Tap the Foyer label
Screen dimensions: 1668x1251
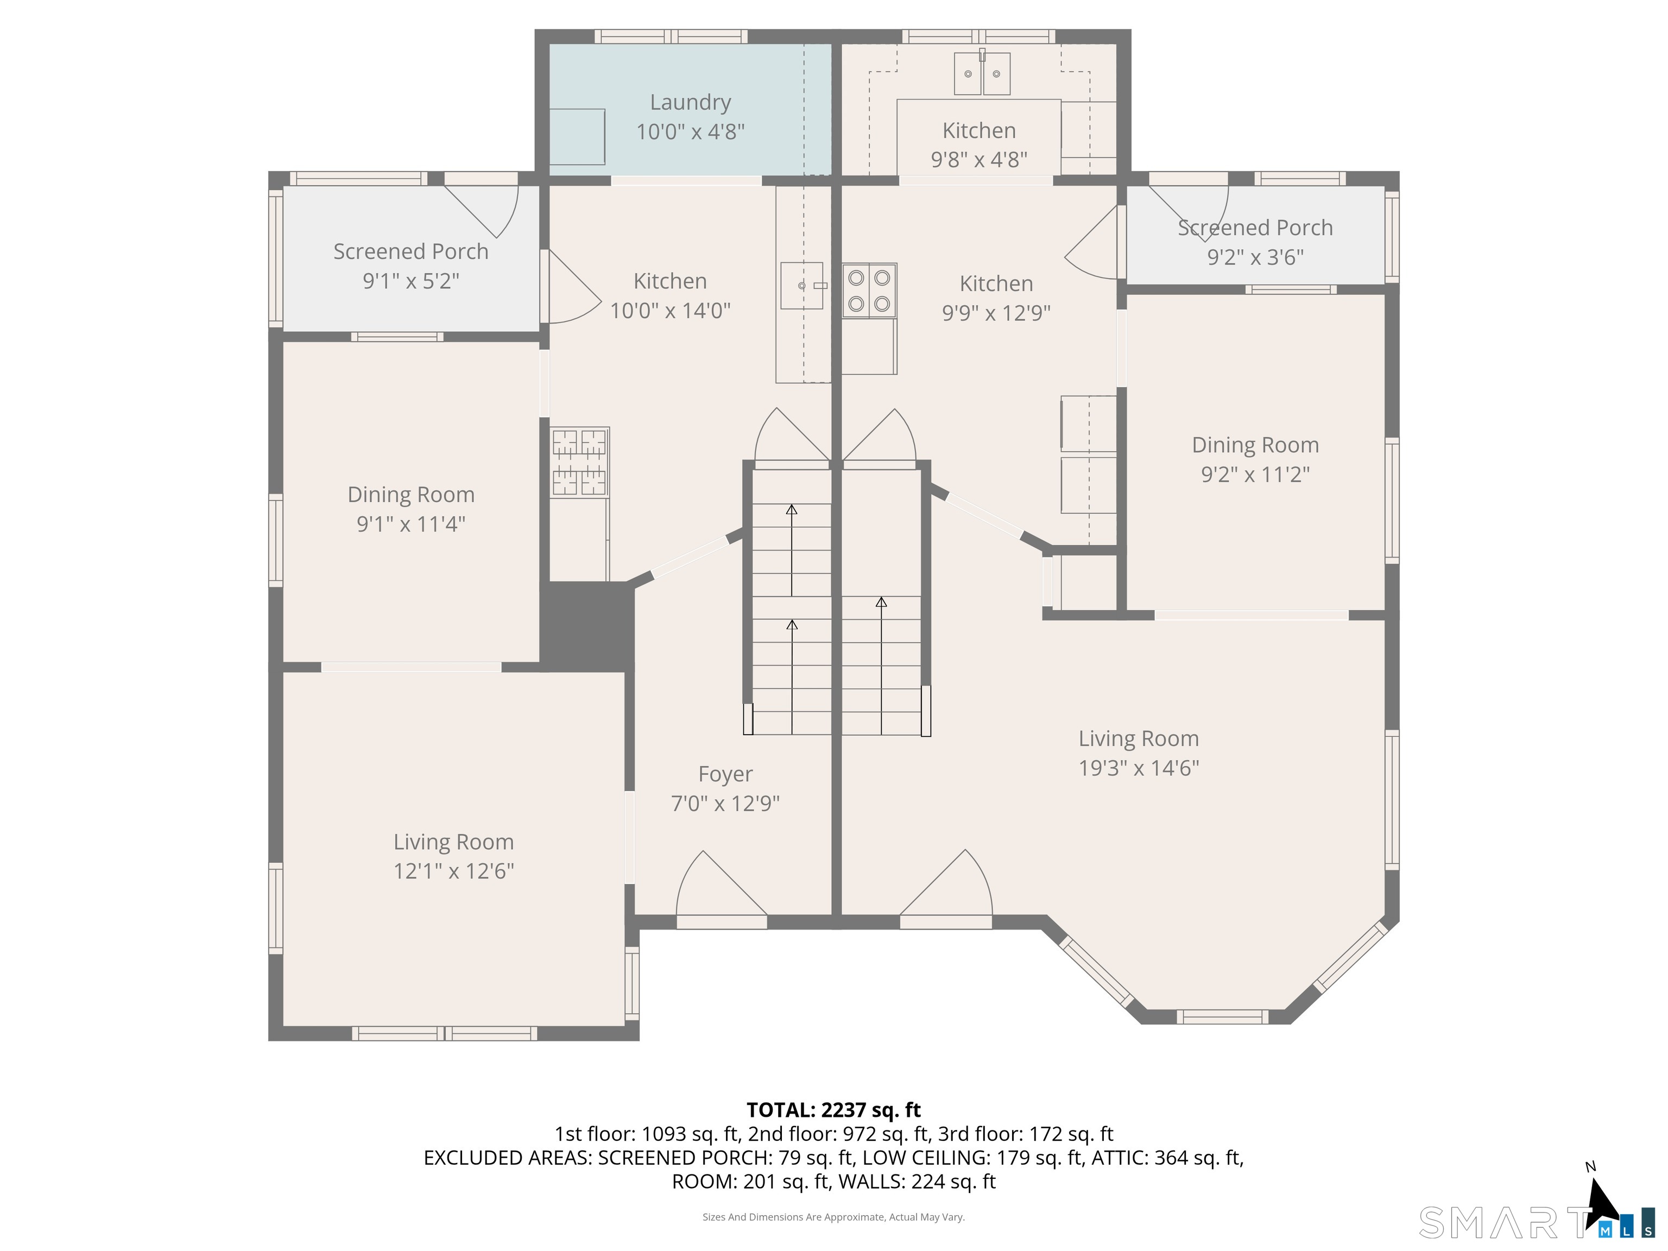click(725, 774)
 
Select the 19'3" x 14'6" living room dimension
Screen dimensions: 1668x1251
click(1139, 768)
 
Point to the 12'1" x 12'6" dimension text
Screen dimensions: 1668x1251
click(453, 871)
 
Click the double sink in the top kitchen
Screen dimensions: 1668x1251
click(982, 73)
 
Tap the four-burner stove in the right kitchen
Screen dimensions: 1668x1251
click(869, 290)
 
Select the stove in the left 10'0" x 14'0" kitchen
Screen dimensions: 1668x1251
click(579, 462)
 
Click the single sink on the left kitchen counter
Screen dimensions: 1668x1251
click(801, 285)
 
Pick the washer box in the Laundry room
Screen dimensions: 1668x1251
click(577, 136)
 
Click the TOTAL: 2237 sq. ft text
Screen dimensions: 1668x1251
click(833, 1110)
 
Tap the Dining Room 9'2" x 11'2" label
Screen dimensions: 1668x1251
click(1255, 459)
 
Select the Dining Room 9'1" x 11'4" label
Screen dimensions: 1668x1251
click(411, 509)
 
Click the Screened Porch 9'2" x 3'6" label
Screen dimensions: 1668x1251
click(1255, 242)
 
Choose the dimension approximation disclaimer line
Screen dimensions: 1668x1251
click(833, 1217)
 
